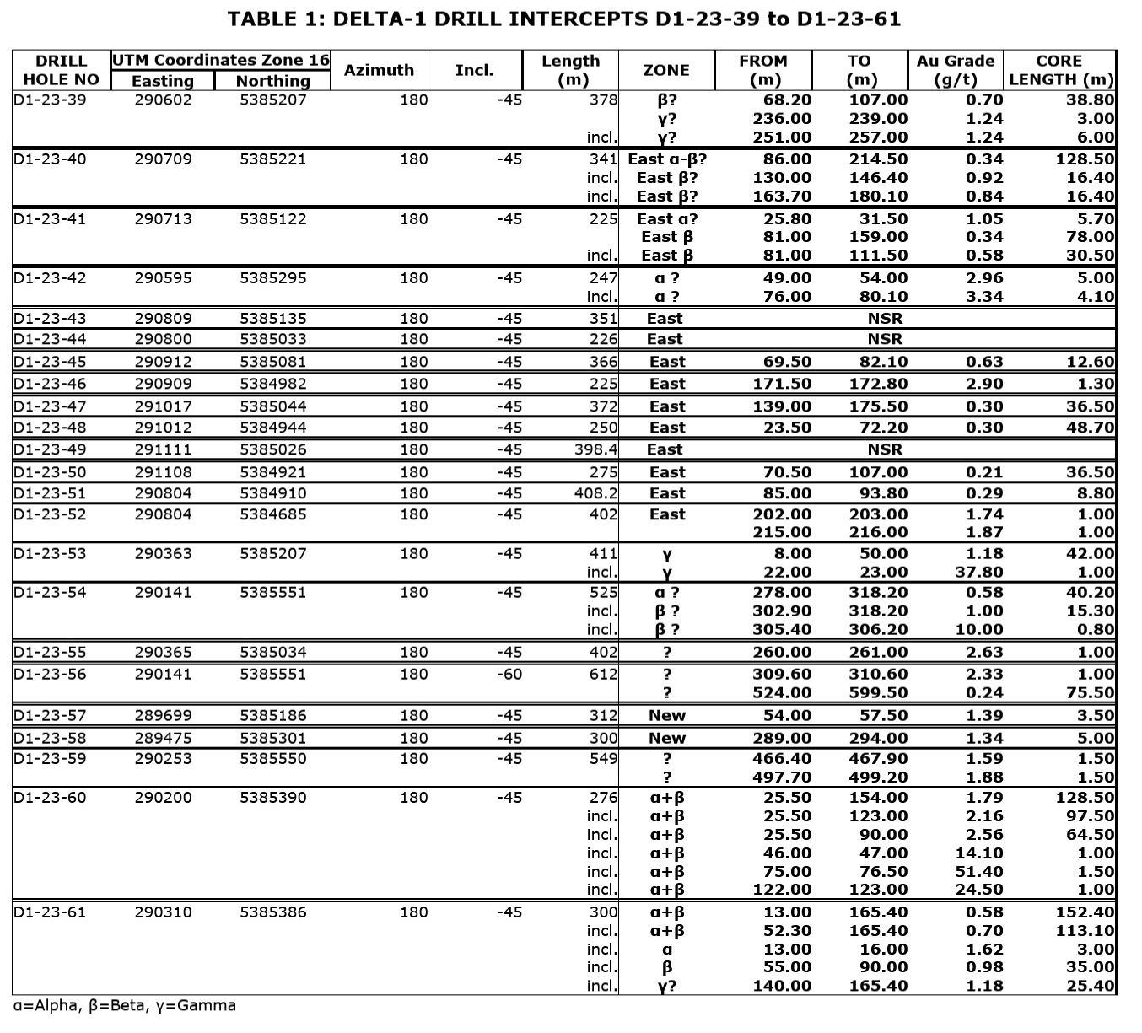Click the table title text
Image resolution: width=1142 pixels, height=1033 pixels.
tap(563, 19)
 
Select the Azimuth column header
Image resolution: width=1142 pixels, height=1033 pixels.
tap(379, 71)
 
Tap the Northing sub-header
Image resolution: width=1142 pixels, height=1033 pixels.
tap(272, 81)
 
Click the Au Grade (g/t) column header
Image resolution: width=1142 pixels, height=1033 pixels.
tap(956, 71)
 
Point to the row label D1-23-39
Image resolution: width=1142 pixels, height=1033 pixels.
tap(50, 100)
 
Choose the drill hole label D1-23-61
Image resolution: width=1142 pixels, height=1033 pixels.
tap(50, 912)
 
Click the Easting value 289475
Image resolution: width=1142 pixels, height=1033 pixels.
tap(163, 738)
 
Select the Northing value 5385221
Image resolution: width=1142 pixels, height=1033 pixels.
tap(272, 159)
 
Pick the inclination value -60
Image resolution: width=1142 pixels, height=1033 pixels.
tap(509, 675)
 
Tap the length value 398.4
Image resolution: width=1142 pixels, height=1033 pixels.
tap(595, 449)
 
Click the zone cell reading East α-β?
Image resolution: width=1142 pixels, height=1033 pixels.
tap(667, 159)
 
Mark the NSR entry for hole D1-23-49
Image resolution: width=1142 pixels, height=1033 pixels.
tap(884, 449)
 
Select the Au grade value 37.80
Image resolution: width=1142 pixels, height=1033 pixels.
tap(973, 573)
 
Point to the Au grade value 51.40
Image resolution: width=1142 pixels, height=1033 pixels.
tap(973, 871)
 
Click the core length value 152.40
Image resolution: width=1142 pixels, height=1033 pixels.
tap(1085, 912)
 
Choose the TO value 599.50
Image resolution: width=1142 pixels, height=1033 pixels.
tap(878, 693)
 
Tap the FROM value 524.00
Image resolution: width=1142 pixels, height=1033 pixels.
tap(782, 693)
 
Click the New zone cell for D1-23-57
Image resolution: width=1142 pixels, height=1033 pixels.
tap(667, 716)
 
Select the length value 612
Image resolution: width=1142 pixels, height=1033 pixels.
tap(603, 675)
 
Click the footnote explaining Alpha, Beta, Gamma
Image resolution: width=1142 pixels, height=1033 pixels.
tap(125, 1006)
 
